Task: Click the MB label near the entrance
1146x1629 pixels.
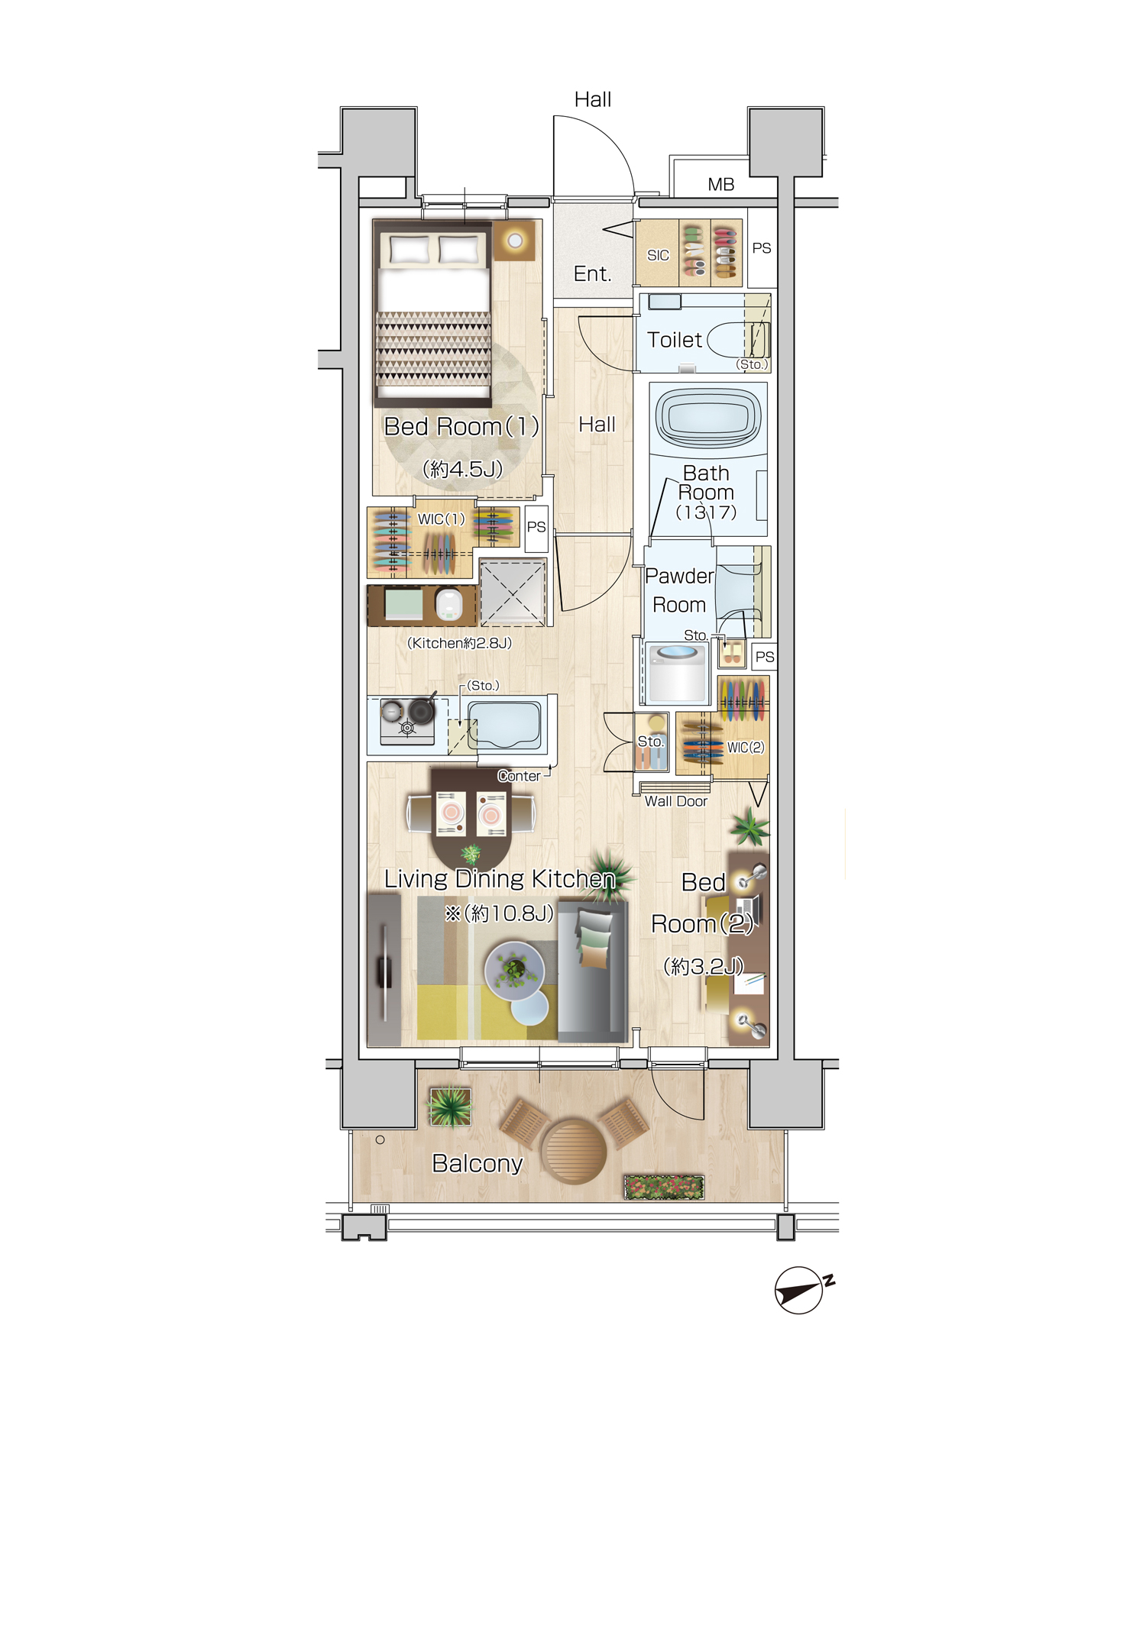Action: click(720, 184)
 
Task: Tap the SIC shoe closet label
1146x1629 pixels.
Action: click(658, 255)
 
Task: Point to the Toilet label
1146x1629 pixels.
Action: click(674, 340)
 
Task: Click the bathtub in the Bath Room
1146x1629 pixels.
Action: click(708, 418)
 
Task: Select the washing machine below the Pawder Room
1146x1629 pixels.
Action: click(676, 673)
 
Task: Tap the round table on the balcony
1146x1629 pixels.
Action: click(573, 1151)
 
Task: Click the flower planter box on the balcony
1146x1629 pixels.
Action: click(664, 1187)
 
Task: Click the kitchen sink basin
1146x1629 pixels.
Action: click(505, 724)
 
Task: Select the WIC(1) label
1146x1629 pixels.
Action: click(441, 519)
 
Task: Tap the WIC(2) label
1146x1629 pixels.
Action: click(746, 747)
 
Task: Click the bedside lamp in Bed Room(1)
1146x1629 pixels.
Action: click(514, 241)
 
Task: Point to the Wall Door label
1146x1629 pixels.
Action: click(676, 801)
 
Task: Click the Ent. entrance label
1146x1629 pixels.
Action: click(593, 273)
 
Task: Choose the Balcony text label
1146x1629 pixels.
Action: click(477, 1163)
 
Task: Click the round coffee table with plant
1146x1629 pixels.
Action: click(515, 971)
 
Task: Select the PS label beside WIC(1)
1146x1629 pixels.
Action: click(536, 527)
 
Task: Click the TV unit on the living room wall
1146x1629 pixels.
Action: click(384, 970)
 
